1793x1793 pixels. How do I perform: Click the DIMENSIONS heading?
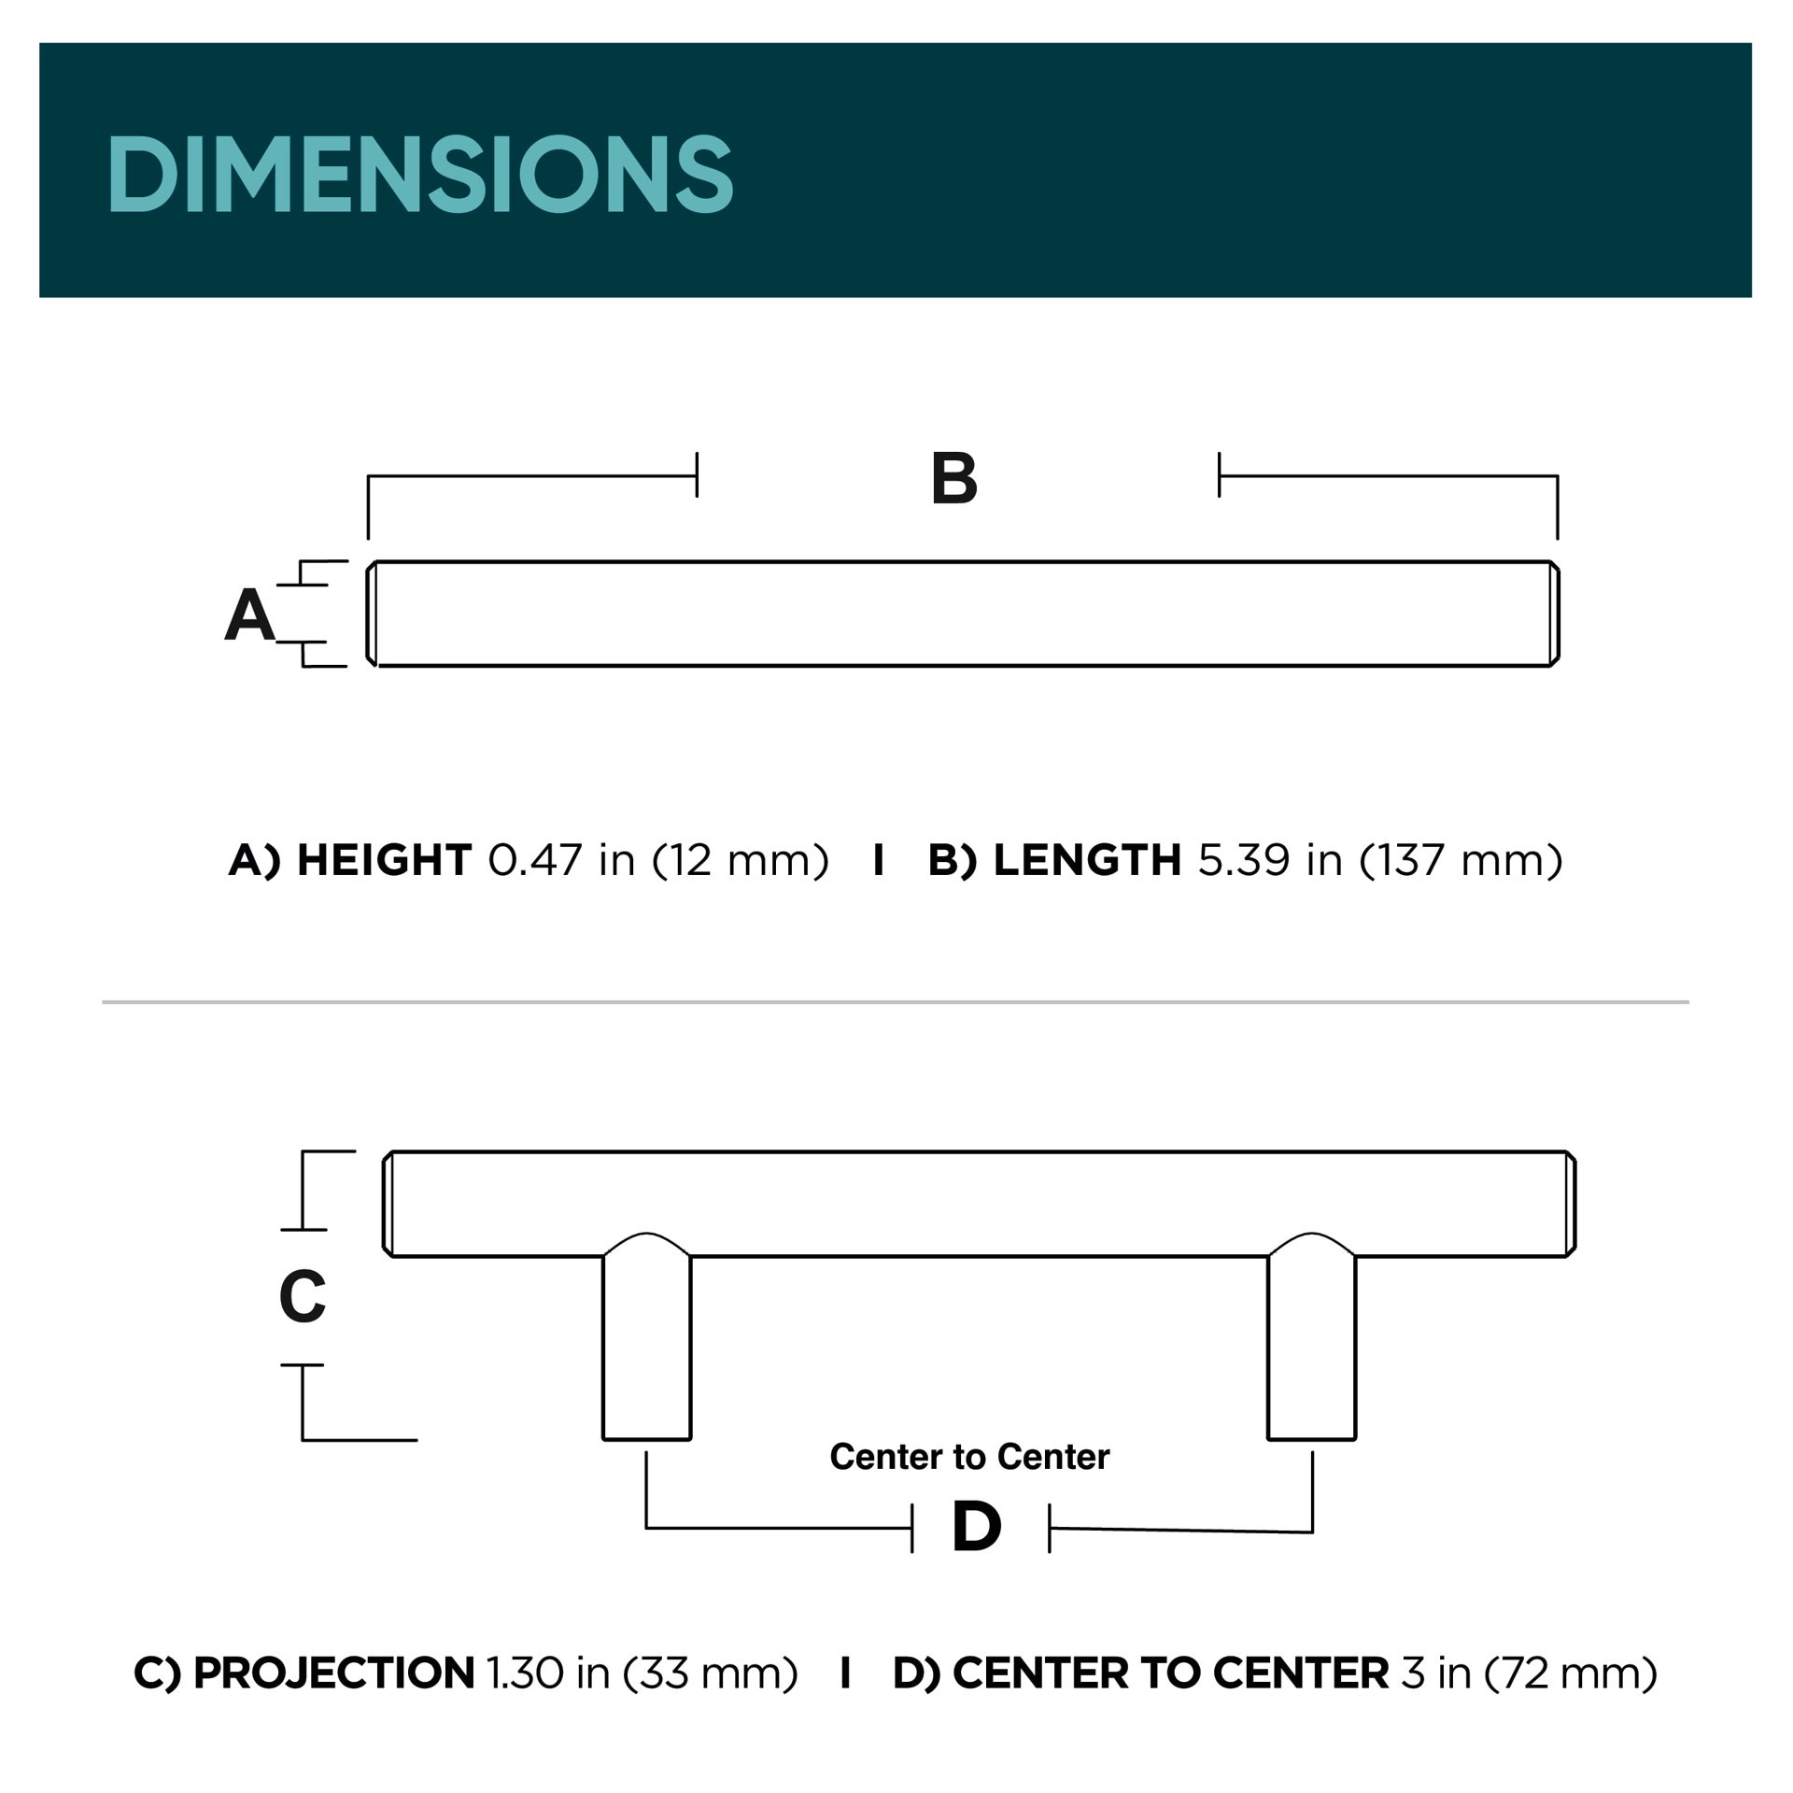420,174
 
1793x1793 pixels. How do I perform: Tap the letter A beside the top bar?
249,615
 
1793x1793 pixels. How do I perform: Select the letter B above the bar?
953,479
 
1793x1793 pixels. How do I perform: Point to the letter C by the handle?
302,1297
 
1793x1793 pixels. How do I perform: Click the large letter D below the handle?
976,1528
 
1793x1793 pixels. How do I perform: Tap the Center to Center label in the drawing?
969,1457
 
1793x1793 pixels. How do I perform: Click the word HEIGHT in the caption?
384,860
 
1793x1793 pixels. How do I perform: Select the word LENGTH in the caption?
1087,860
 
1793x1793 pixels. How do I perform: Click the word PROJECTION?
333,1673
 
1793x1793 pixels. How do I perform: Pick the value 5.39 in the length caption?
1244,860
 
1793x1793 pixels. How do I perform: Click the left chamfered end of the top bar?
372,614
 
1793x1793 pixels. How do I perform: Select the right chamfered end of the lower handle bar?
1571,1204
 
